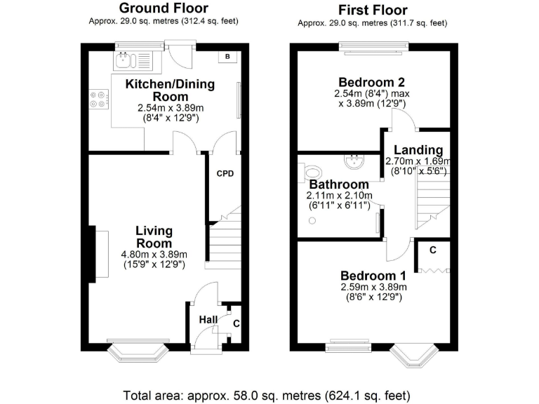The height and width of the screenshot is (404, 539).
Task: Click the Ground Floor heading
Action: coord(163,8)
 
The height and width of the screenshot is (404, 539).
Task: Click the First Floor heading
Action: coord(372,10)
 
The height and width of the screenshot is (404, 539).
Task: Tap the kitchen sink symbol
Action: coord(127,60)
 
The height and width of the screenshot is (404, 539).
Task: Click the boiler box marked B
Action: coord(229,57)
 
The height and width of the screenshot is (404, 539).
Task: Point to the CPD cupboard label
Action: coord(225,173)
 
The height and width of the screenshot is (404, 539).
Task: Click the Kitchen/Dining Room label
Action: coord(170,90)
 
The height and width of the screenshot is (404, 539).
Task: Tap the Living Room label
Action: coord(154,237)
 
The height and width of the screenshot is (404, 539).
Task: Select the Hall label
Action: coord(207,320)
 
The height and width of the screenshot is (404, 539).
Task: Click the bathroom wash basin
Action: coord(352,161)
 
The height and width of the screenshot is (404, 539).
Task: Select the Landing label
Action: coord(418,149)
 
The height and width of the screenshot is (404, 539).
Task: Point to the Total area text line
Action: coord(269,393)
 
